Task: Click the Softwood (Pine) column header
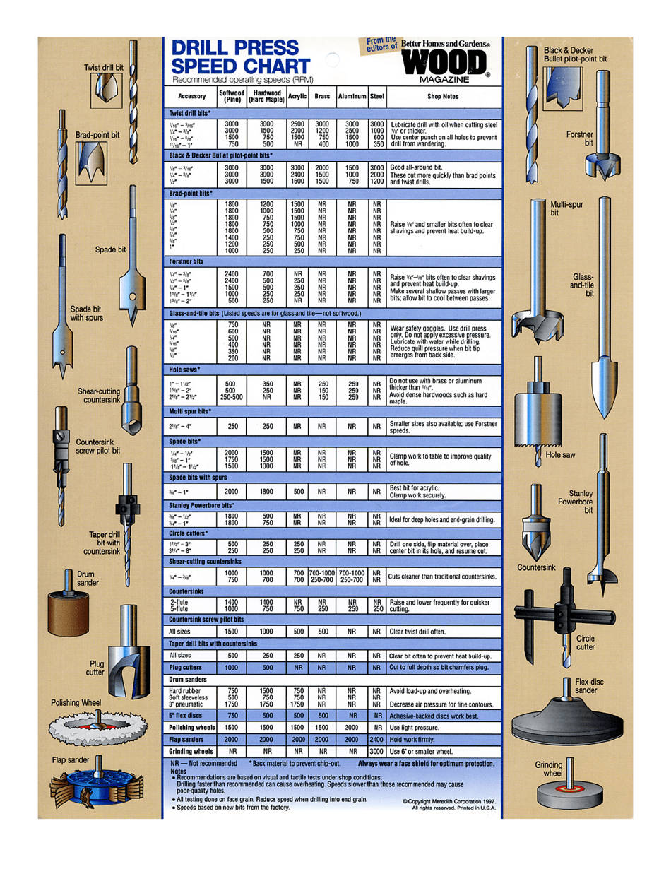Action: coord(232,96)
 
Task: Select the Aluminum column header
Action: coord(350,96)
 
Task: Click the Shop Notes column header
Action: coord(444,96)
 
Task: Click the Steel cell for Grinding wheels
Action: coord(376,751)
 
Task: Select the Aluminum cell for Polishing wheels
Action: coord(350,727)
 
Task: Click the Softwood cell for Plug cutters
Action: coord(231,667)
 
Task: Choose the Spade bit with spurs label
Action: coord(86,313)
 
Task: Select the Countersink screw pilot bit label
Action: coord(97,447)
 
